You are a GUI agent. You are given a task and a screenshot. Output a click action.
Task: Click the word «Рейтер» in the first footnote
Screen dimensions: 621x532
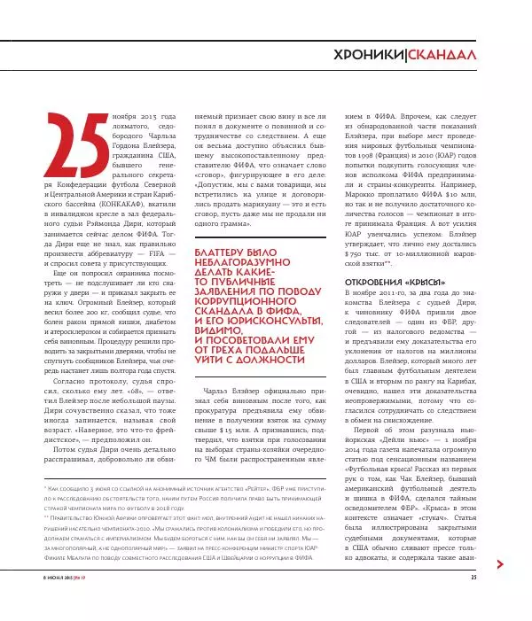254,486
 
